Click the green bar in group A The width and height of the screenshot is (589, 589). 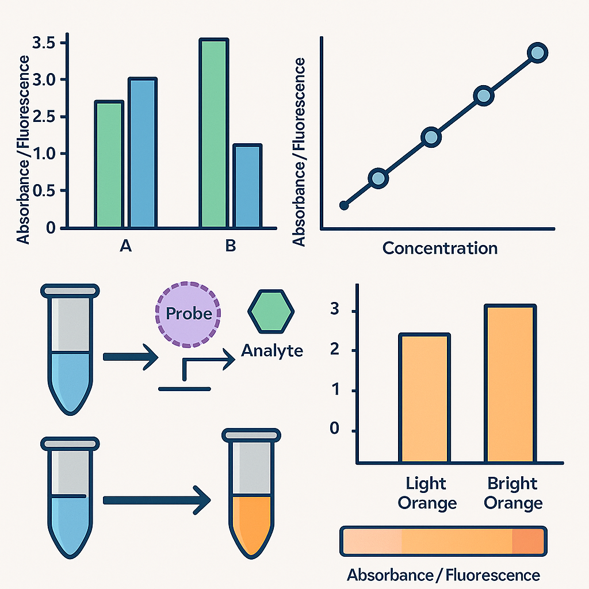coord(109,164)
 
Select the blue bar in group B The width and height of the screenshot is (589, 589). coord(247,186)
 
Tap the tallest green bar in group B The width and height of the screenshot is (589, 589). coord(214,133)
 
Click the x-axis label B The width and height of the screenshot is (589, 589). coord(230,246)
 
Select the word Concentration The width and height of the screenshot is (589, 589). coord(440,248)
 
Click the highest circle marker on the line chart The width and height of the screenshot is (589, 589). coord(538,52)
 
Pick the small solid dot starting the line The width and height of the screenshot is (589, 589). coord(344,205)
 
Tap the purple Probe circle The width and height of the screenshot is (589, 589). coord(188,314)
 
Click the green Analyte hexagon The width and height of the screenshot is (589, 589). coord(271,311)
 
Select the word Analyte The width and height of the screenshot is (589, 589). coord(272,351)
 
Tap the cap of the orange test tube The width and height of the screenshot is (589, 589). coord(251,435)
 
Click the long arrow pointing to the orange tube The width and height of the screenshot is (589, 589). coord(156,500)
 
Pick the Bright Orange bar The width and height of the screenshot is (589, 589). coord(511,383)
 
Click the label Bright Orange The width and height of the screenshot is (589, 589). coord(513,493)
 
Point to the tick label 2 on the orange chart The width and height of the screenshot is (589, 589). coord(334,350)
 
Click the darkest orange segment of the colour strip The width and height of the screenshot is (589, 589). coord(528,541)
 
